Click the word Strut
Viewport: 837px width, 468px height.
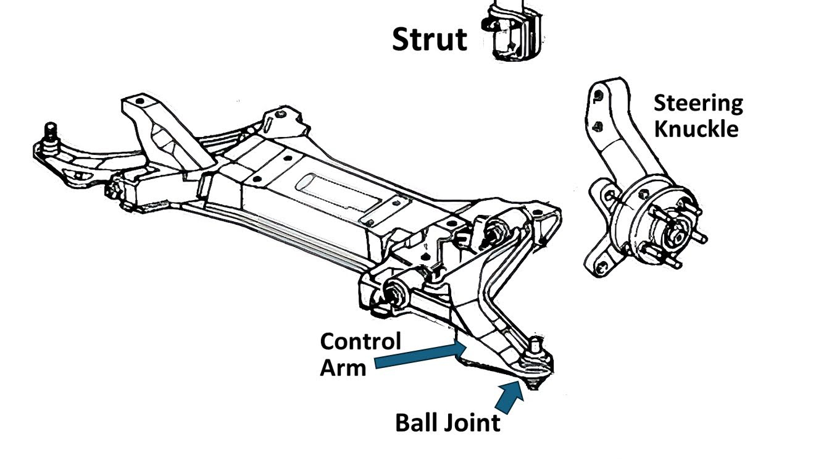pyautogui.click(x=429, y=39)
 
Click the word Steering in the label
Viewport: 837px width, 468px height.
pyautogui.click(x=698, y=103)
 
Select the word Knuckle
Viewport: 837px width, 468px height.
pyautogui.click(x=696, y=130)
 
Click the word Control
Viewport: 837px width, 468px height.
pyautogui.click(x=360, y=341)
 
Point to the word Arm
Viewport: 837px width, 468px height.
pyautogui.click(x=343, y=367)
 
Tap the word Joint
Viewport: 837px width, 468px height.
pyautogui.click(x=471, y=424)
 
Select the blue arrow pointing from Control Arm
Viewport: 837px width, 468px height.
pyautogui.click(x=420, y=356)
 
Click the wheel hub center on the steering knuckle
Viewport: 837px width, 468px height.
pyautogui.click(x=677, y=233)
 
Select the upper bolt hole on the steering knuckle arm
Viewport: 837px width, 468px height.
pyautogui.click(x=598, y=96)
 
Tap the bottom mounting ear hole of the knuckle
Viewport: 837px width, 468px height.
pyautogui.click(x=601, y=266)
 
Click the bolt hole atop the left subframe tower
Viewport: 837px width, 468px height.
pyautogui.click(x=140, y=101)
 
